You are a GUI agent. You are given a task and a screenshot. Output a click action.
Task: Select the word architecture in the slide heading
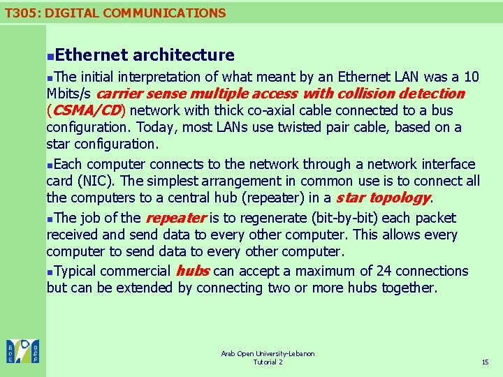click(x=183, y=54)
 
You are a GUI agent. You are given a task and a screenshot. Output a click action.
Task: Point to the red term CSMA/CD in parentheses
click(x=87, y=110)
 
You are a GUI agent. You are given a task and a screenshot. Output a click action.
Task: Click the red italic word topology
click(x=399, y=198)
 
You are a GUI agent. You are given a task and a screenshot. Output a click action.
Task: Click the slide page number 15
click(x=486, y=362)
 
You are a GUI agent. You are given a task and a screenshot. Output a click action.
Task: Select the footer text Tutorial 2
click(x=268, y=362)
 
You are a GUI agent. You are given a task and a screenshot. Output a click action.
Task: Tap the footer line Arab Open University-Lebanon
click(x=268, y=354)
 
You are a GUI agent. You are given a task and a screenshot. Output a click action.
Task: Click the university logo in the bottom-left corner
click(x=23, y=350)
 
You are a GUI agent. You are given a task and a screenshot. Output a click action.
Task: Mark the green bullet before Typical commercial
click(x=50, y=272)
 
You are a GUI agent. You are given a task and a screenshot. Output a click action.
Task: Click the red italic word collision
click(x=365, y=94)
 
